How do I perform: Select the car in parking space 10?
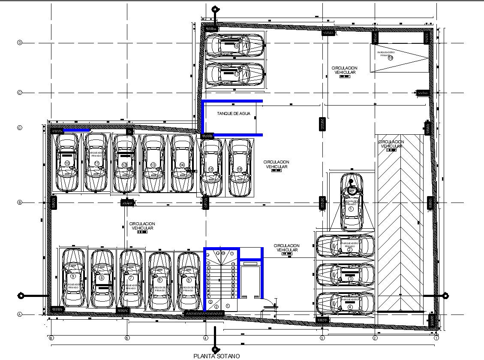pyautogui.click(x=67, y=162)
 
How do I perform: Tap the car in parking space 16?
pyautogui.click(x=240, y=167)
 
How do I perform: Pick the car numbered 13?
pyautogui.click(x=153, y=163)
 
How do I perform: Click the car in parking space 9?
pyautogui.click(x=73, y=278)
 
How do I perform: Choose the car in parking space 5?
pyautogui.click(x=188, y=281)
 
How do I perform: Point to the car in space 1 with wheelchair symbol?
pyautogui.click(x=351, y=203)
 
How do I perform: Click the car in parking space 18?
pyautogui.click(x=234, y=45)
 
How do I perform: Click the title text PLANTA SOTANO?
pyautogui.click(x=216, y=356)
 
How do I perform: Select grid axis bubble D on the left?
pyautogui.click(x=19, y=42)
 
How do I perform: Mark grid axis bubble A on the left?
pyautogui.click(x=19, y=314)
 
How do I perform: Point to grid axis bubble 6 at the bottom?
pyautogui.click(x=51, y=338)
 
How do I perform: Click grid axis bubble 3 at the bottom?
pyautogui.click(x=322, y=338)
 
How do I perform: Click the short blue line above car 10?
pyautogui.click(x=76, y=130)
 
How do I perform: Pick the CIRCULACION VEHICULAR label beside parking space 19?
pyautogui.click(x=344, y=70)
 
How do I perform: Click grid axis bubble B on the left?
pyautogui.click(x=19, y=203)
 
